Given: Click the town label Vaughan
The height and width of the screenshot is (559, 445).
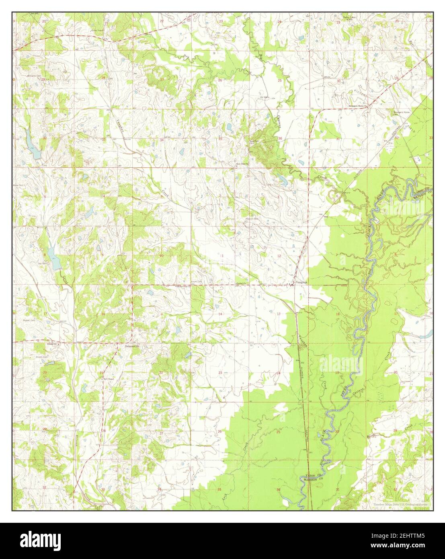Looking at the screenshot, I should (x=301, y=283).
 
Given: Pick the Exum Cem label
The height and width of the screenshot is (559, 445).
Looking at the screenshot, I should (x=196, y=282).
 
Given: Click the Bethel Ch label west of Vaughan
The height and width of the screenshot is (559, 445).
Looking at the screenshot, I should (x=240, y=284).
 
